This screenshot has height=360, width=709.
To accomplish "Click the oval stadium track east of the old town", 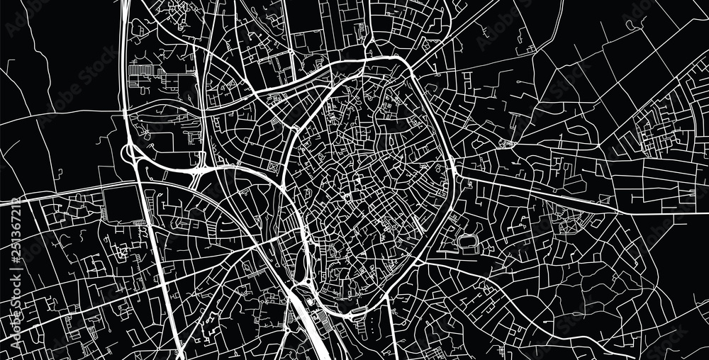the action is [468, 242].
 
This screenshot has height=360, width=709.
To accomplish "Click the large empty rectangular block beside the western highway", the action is [121, 206].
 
